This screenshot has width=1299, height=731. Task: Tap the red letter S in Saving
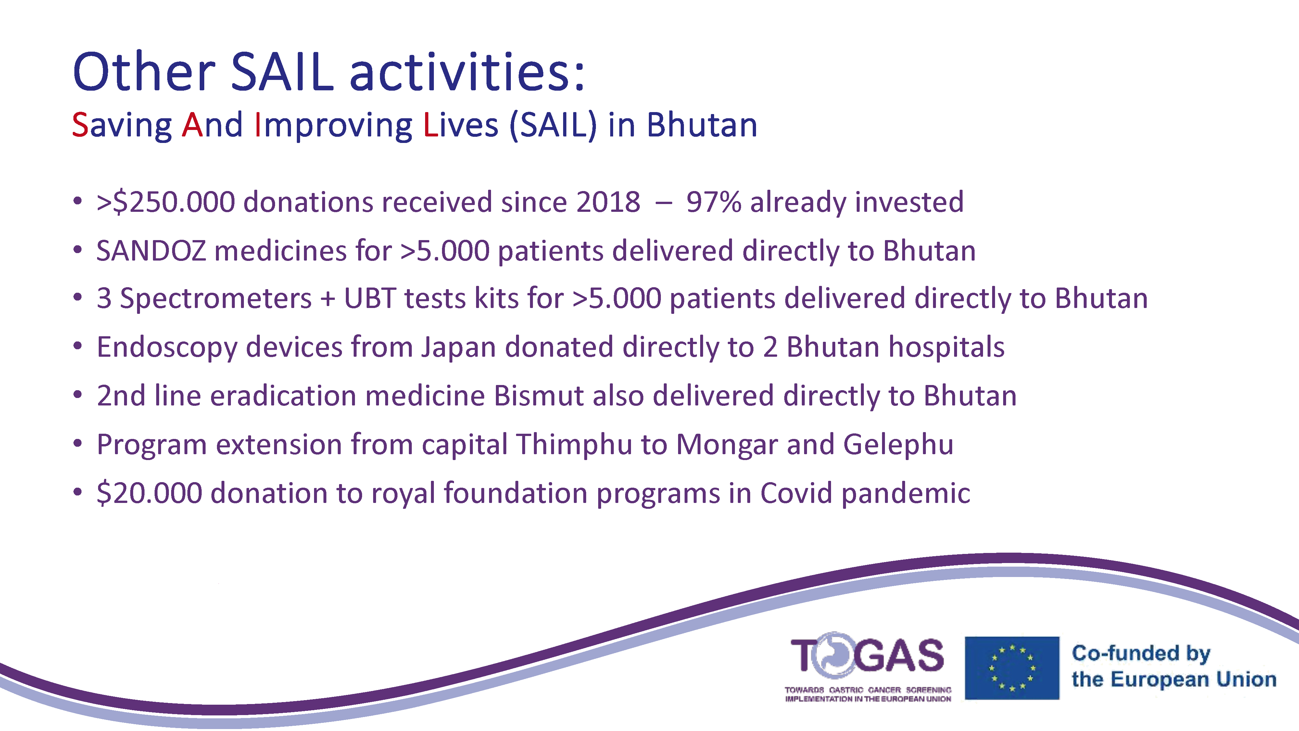(81, 125)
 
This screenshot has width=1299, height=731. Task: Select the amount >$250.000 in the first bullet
(166, 202)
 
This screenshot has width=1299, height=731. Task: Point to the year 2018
(608, 202)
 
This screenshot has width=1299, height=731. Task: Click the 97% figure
(713, 202)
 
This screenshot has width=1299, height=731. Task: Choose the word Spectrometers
(216, 298)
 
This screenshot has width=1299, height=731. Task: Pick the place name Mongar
(727, 444)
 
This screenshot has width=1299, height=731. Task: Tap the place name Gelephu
(898, 444)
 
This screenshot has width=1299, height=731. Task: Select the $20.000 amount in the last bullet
(149, 493)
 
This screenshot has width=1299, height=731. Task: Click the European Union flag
(1012, 668)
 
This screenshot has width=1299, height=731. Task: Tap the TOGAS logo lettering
(867, 655)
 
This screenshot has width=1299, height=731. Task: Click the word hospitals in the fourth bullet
(947, 348)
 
